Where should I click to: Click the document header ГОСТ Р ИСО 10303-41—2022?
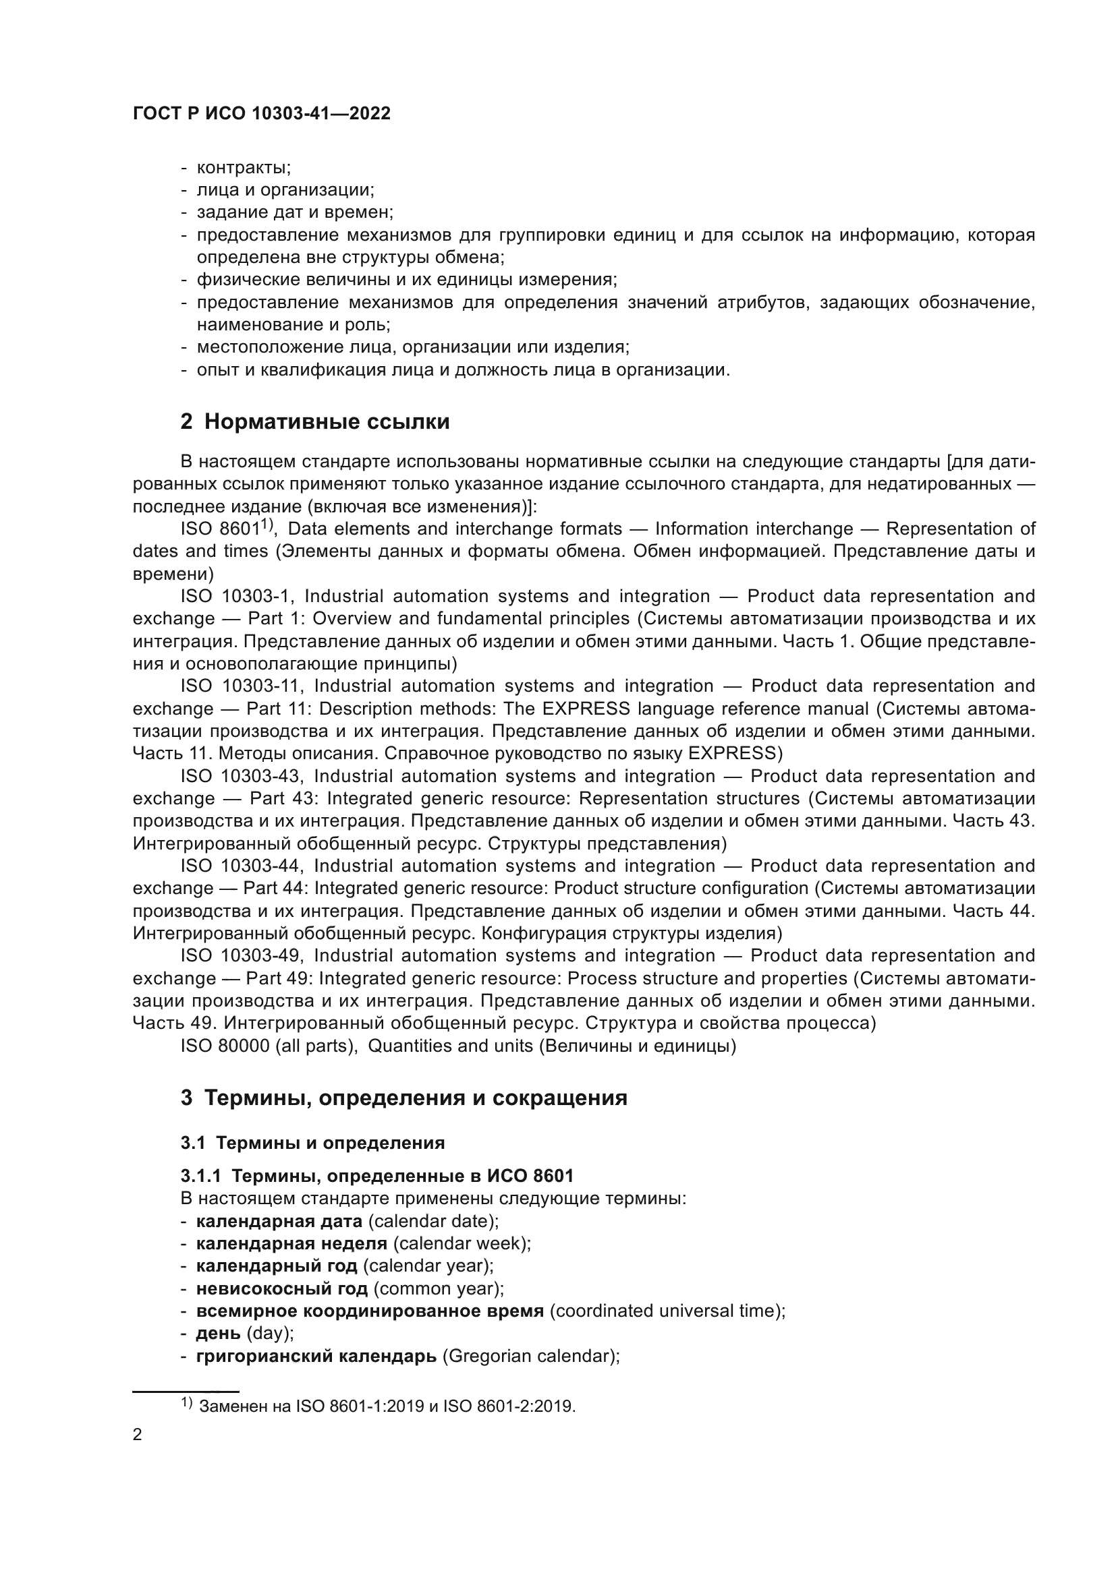click(261, 113)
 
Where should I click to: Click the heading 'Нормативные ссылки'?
click(327, 421)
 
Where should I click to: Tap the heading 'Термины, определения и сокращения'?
click(416, 1098)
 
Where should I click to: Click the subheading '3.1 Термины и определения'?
click(312, 1143)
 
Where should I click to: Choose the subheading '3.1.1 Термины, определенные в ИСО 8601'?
click(376, 1176)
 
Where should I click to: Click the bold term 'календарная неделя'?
click(291, 1243)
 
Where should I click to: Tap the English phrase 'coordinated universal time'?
click(667, 1311)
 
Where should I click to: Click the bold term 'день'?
click(218, 1333)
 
